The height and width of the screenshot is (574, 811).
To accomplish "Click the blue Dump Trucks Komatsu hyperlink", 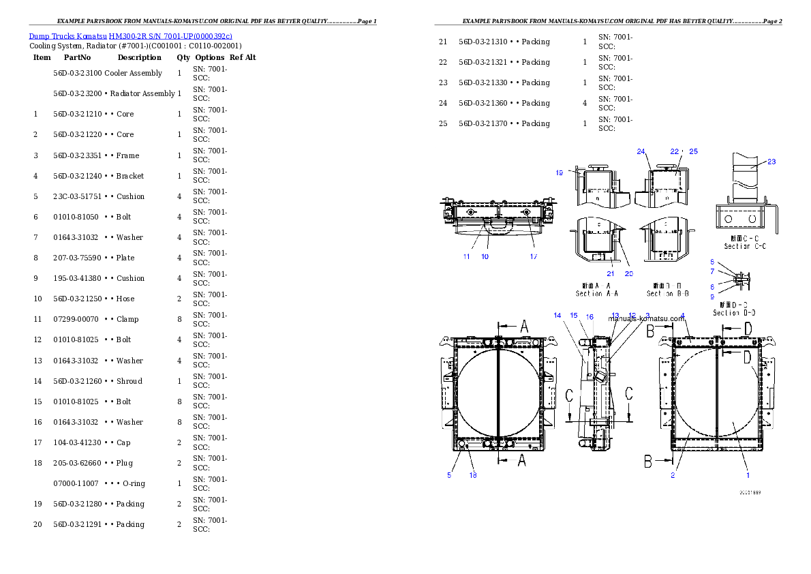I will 130,35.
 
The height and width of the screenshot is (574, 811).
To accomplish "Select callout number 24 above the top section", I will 641,151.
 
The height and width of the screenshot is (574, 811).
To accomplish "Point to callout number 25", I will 693,151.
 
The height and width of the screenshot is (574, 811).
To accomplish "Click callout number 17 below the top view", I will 534,256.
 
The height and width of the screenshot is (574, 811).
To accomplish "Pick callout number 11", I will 467,256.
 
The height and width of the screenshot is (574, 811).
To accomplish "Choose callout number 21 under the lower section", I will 610,273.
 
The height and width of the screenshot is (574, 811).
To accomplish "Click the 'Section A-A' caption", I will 598,293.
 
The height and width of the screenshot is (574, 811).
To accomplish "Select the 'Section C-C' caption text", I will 745,246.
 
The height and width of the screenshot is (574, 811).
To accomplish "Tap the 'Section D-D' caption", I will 733,312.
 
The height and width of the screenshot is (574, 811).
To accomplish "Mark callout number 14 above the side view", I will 557,316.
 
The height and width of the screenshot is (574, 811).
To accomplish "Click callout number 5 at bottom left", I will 449,475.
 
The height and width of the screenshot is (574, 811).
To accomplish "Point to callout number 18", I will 472,475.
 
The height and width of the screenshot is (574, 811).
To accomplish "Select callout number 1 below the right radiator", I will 747,475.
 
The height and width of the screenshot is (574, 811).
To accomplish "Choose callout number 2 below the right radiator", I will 673,475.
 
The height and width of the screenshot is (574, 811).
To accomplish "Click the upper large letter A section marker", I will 523,328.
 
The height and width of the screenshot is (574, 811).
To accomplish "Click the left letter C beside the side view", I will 569,395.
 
